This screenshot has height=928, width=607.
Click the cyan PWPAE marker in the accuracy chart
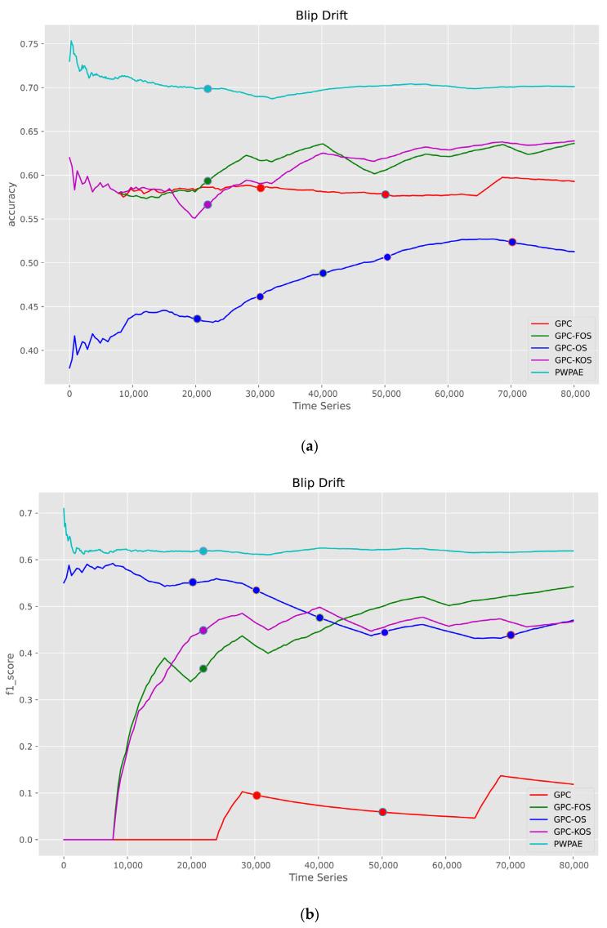point(208,88)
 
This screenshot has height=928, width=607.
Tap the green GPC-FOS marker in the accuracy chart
point(208,181)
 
